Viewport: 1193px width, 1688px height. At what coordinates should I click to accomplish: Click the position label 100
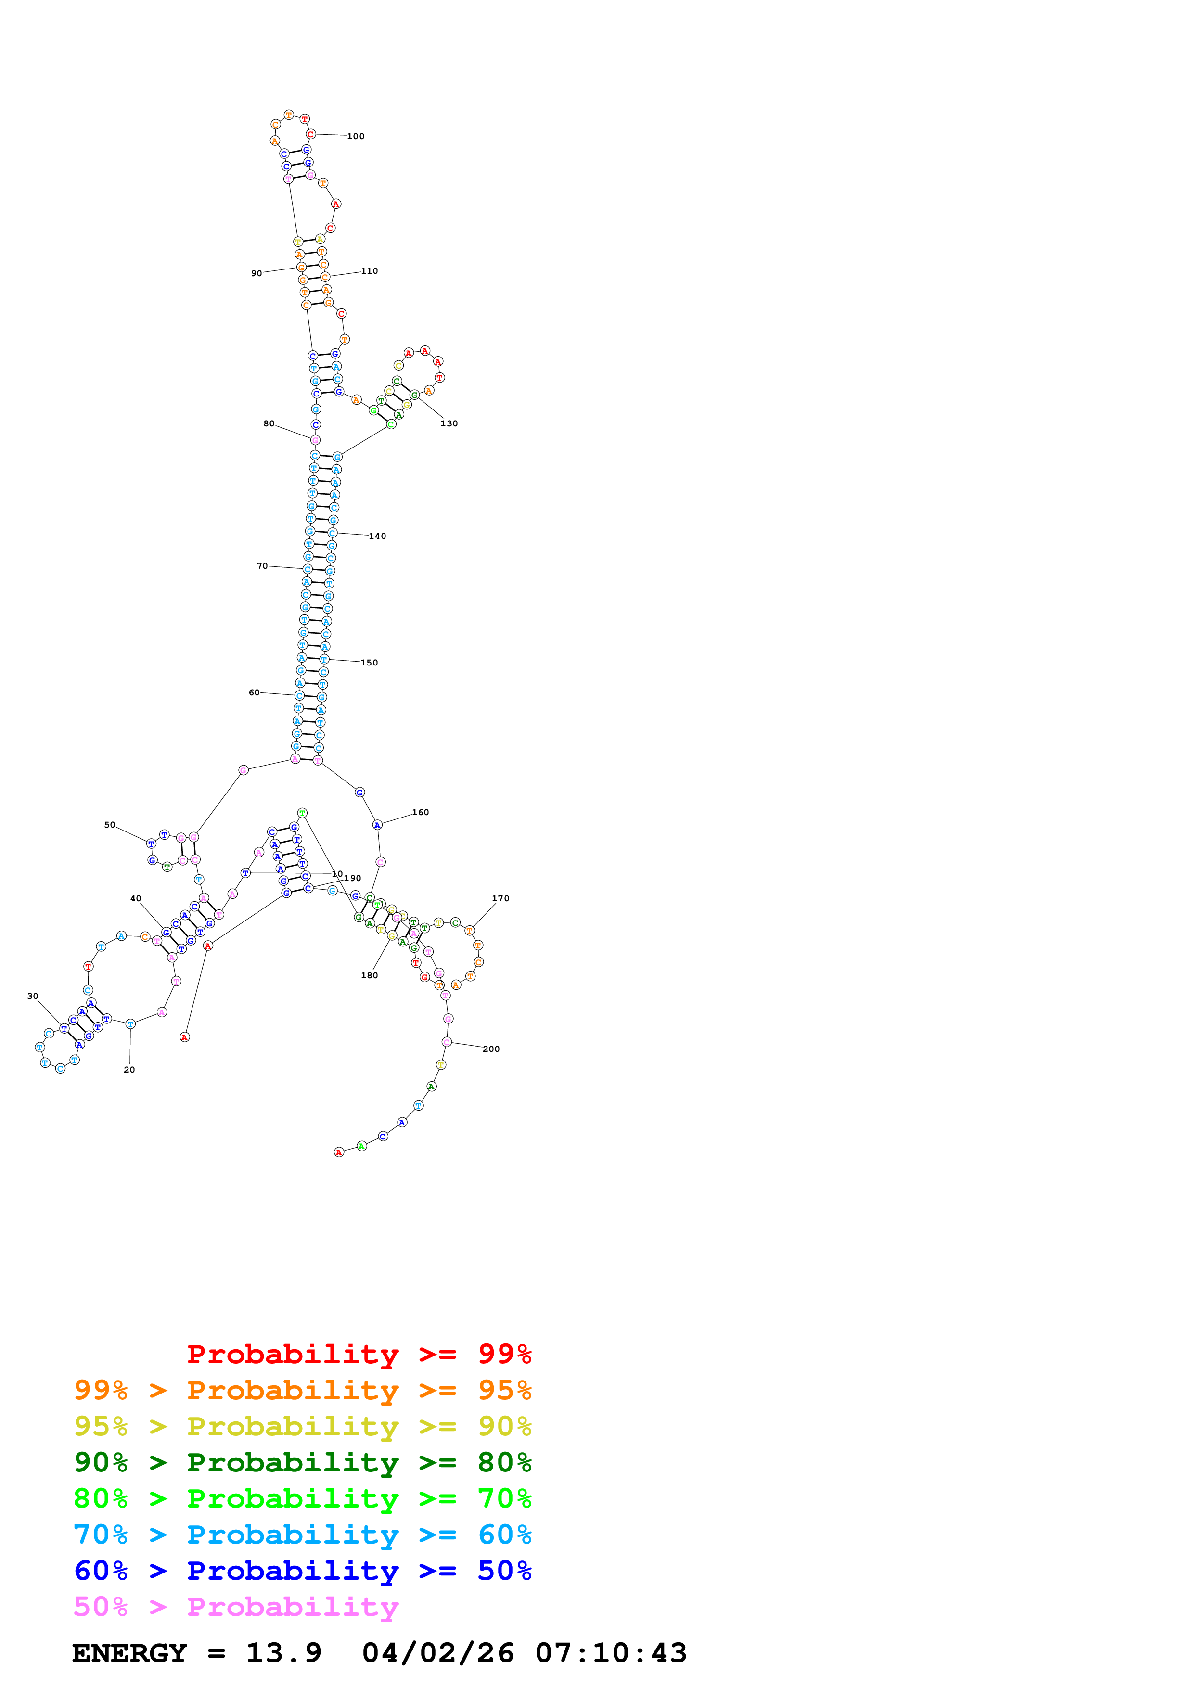click(356, 136)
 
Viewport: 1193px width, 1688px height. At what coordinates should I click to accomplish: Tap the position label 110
click(369, 271)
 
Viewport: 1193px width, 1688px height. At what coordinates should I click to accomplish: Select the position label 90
click(257, 273)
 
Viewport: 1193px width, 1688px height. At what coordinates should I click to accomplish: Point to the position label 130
click(449, 423)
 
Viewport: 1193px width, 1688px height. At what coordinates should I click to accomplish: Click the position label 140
click(377, 536)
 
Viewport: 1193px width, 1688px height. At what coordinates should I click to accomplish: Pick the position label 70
click(262, 566)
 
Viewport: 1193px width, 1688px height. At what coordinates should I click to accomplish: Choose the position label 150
click(369, 663)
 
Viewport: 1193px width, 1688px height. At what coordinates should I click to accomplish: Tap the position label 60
click(254, 692)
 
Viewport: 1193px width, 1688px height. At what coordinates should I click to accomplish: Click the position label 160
click(421, 812)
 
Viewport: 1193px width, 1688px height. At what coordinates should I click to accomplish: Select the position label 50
click(110, 825)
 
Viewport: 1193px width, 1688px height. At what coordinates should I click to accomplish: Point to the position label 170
click(500, 898)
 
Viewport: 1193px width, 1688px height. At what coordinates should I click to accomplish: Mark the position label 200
click(491, 1049)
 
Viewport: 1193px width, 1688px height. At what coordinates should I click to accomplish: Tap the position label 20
click(129, 1070)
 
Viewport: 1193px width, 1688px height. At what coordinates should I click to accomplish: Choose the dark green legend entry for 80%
click(302, 1462)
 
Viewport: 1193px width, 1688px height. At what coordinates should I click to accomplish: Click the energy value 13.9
click(284, 1653)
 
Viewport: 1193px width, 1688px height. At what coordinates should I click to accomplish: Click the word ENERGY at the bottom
click(129, 1653)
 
